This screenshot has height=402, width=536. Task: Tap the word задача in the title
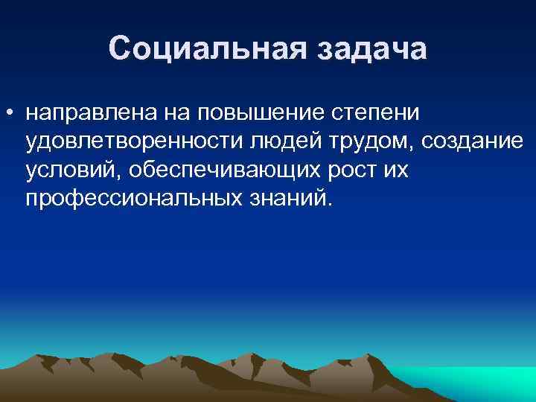tap(370, 49)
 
